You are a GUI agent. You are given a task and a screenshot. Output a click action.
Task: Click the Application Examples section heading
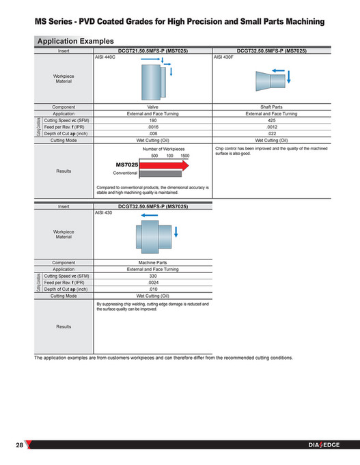[75, 41]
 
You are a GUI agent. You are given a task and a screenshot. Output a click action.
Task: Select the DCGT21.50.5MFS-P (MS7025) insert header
[153, 51]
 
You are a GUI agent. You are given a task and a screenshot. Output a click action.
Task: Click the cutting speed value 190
[153, 120]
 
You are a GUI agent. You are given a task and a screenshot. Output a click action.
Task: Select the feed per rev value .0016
[153, 127]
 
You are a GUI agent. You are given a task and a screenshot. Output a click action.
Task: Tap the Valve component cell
[153, 107]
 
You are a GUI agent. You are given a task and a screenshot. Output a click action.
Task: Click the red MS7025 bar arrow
[165, 165]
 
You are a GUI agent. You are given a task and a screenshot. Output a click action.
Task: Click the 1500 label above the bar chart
[185, 156]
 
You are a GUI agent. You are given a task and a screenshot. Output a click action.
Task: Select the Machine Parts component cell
[153, 263]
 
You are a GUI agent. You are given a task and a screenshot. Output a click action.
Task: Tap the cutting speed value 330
[153, 276]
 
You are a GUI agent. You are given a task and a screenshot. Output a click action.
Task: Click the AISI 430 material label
[103, 214]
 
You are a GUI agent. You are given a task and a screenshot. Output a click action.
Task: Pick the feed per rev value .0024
[153, 283]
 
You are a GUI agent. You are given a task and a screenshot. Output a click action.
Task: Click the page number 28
[20, 446]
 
